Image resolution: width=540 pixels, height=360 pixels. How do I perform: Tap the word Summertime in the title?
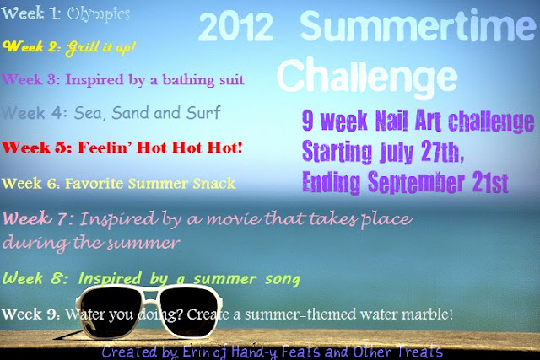tap(418, 26)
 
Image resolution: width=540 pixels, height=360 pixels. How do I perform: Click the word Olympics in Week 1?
tap(99, 14)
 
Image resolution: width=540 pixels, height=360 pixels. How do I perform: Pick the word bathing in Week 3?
tap(189, 80)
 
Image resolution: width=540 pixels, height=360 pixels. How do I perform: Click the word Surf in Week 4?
tap(203, 112)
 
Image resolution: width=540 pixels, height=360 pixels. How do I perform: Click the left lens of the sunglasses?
tap(111, 309)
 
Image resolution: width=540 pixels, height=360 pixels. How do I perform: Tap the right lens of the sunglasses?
tap(189, 311)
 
